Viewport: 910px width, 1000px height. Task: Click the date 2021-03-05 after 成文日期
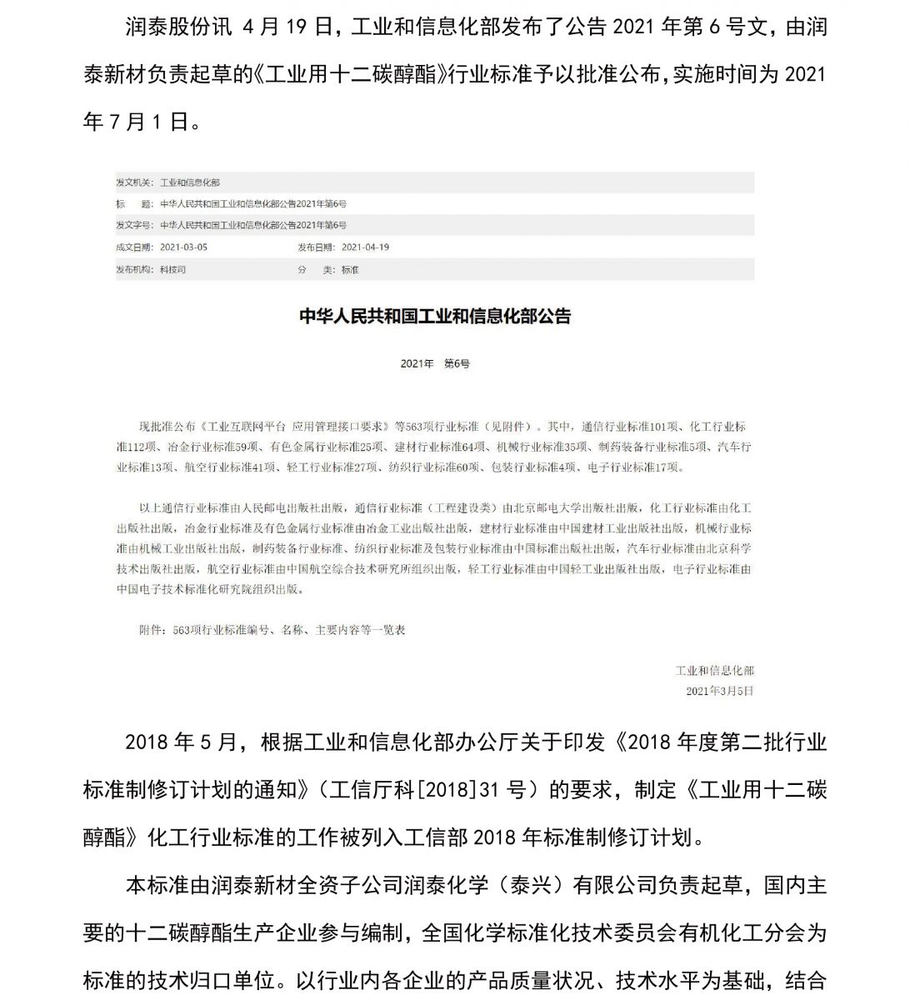[x=183, y=247]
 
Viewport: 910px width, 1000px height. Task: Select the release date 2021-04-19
[x=365, y=247]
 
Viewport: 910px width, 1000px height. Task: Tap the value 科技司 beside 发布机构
[x=172, y=270]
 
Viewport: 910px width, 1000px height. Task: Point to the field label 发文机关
[x=134, y=182]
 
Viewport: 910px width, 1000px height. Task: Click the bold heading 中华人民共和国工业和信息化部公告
[x=435, y=317]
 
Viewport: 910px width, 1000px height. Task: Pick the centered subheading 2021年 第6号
[x=435, y=364]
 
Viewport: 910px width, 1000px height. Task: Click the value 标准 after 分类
[x=350, y=270]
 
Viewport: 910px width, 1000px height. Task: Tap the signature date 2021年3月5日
[x=719, y=691]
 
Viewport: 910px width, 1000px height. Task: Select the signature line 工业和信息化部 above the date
[x=714, y=671]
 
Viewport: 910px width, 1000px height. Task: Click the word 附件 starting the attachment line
[x=151, y=631]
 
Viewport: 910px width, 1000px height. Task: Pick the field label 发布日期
[x=316, y=247]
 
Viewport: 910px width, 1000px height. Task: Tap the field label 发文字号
[x=134, y=225]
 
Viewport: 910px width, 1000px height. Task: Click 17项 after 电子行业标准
[x=668, y=467]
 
